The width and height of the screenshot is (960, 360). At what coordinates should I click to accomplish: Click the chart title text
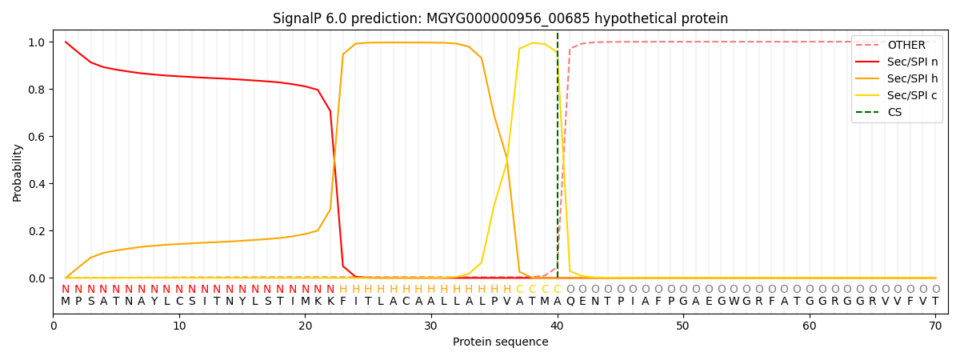500,18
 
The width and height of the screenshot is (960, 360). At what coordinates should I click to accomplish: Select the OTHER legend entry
906,46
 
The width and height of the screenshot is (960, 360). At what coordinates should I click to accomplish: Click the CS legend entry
894,112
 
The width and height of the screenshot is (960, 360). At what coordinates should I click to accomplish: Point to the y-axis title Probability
18,172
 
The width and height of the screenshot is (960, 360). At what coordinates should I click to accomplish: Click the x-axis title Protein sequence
500,342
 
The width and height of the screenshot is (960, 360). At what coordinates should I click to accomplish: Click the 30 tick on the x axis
431,326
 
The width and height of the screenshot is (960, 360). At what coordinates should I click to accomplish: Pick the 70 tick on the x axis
935,326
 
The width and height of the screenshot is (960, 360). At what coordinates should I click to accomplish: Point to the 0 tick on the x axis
54,326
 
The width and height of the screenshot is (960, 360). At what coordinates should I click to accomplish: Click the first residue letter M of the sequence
66,302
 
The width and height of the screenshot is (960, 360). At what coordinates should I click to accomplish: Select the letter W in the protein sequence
734,302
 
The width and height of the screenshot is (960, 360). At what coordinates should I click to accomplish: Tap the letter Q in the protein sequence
570,302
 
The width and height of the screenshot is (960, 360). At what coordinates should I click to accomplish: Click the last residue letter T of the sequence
935,302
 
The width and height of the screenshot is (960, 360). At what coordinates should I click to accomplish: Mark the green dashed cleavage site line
558,160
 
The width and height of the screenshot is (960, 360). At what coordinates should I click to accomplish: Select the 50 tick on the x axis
683,326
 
